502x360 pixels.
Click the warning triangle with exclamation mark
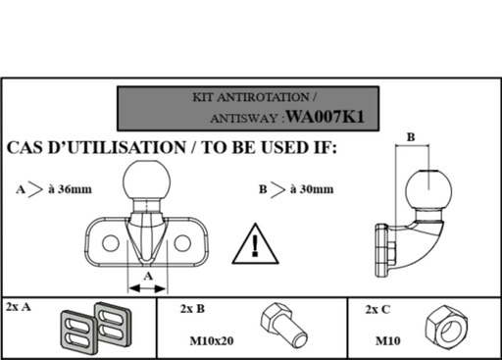tap(256, 243)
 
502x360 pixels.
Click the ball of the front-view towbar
tap(146, 181)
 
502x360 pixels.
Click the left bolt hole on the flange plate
tap(112, 241)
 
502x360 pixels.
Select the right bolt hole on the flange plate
tap(182, 241)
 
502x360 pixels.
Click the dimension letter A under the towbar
tap(147, 278)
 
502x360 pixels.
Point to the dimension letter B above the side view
tap(410, 137)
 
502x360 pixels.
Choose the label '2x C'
tap(377, 309)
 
